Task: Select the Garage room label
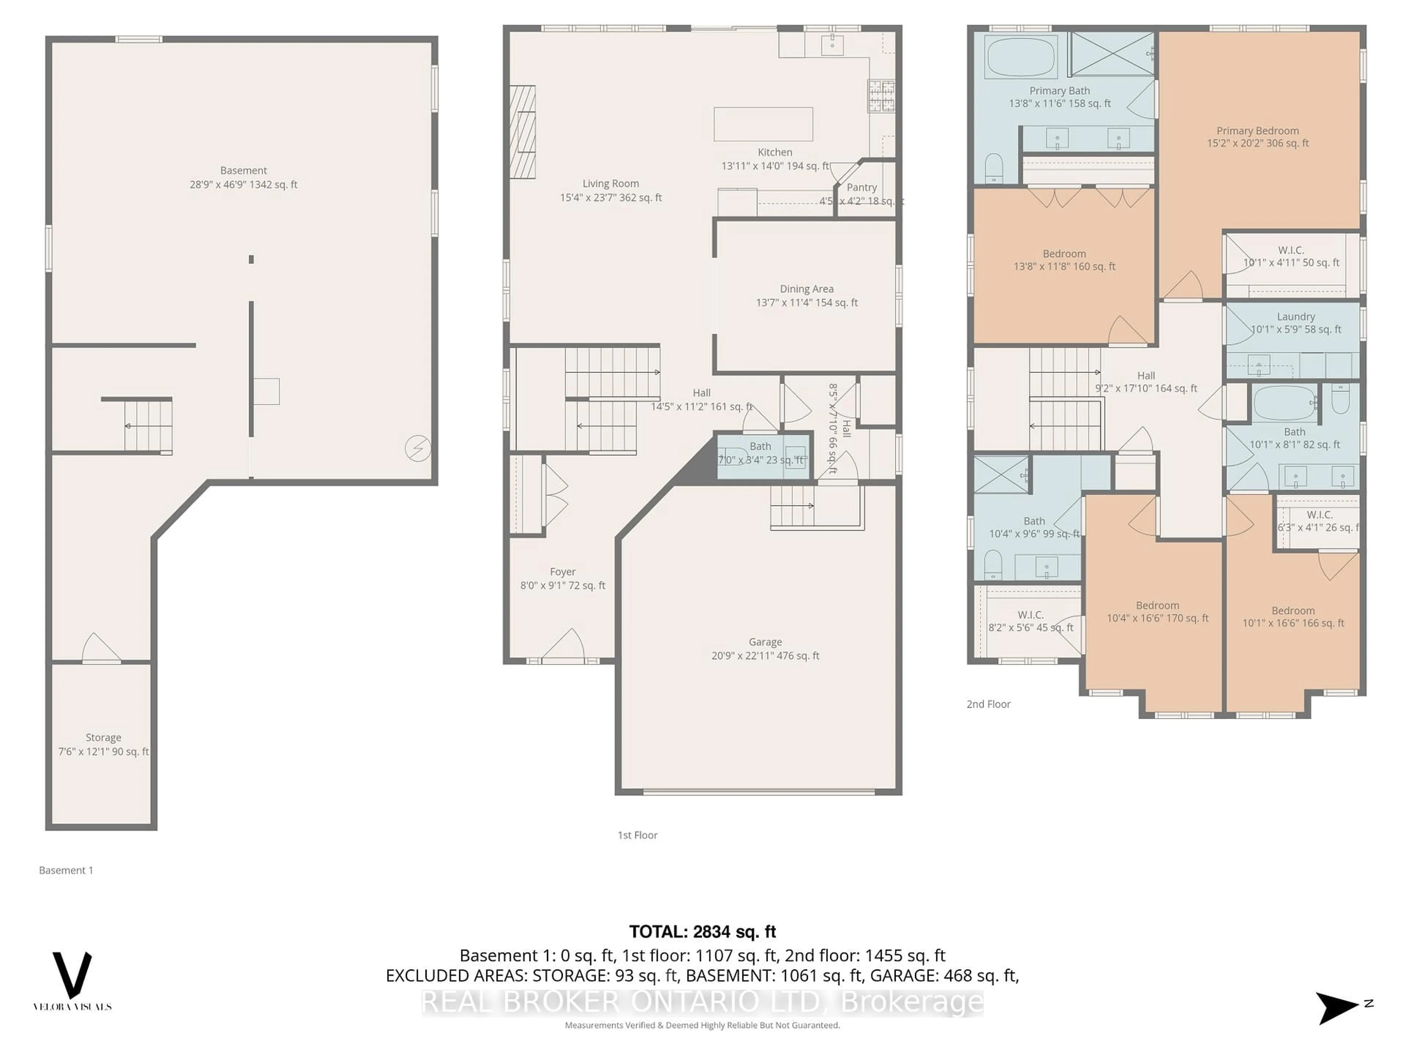coord(765,642)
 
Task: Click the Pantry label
coord(861,187)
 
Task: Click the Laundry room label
coord(1295,317)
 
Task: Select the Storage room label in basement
coord(103,737)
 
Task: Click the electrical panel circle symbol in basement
coord(418,449)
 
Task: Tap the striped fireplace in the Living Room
coord(522,132)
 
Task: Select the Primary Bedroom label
coord(1257,131)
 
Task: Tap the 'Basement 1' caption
coord(66,870)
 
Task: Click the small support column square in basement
coord(251,259)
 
